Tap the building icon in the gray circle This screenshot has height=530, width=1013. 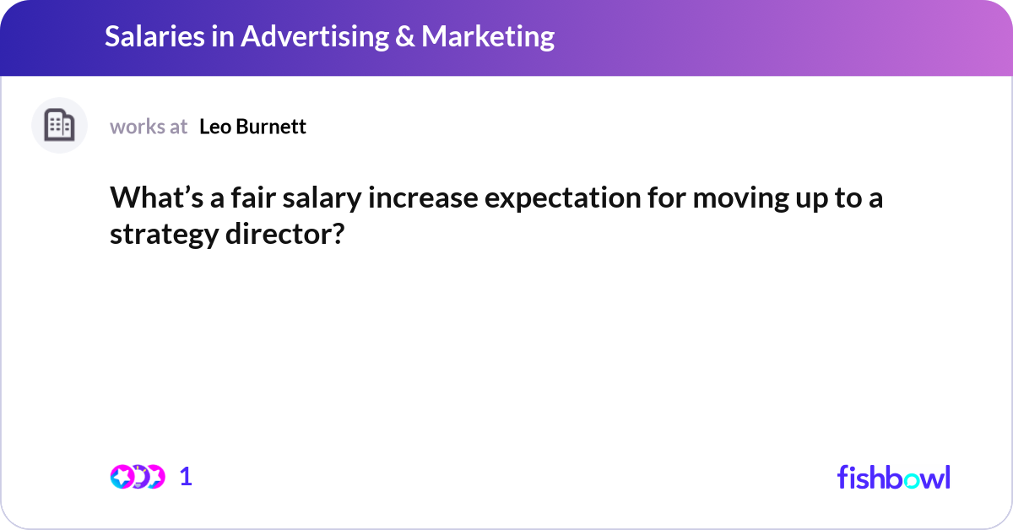(x=59, y=126)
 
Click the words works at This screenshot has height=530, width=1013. (x=149, y=127)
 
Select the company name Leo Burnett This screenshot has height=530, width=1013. (x=252, y=127)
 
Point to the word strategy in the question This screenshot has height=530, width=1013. (x=162, y=235)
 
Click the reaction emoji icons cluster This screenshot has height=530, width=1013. (x=137, y=476)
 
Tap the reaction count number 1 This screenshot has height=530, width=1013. (x=186, y=476)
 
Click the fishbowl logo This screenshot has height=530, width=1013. (x=893, y=477)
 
